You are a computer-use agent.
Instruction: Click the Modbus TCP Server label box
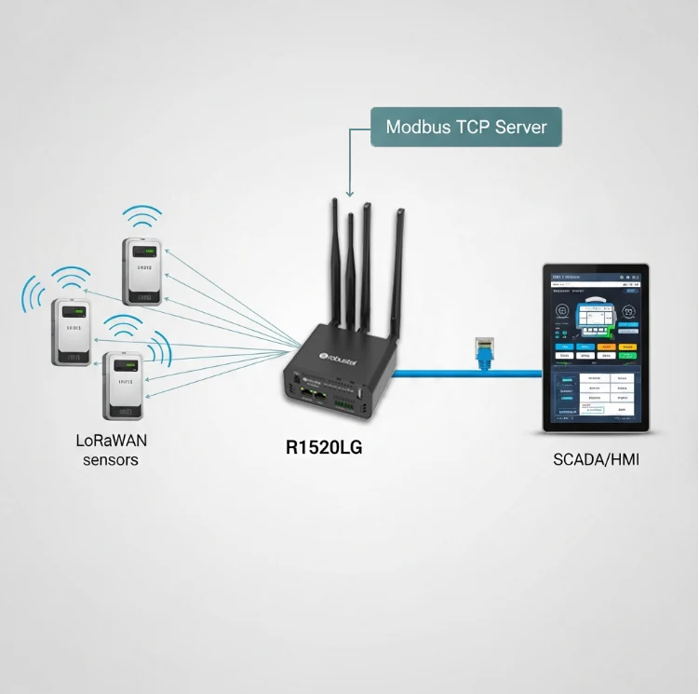[x=466, y=126]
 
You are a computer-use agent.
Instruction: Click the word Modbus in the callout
[x=418, y=126]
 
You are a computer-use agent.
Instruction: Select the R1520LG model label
[x=323, y=448]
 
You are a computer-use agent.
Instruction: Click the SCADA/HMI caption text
[x=596, y=459]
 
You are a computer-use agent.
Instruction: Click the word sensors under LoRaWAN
[x=110, y=460]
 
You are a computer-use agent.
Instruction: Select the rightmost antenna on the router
[x=399, y=270]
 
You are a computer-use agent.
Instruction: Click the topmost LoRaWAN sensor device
[x=144, y=271]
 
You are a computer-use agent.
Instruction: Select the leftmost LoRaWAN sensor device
[x=72, y=332]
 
